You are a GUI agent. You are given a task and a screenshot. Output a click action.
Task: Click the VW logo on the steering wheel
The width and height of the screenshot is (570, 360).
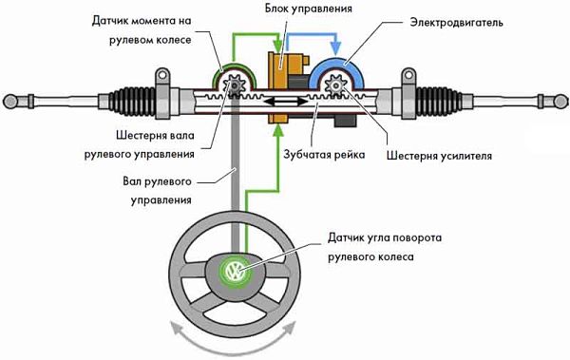click(x=234, y=272)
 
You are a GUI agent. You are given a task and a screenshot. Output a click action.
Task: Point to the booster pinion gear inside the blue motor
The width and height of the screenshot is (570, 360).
click(x=336, y=90)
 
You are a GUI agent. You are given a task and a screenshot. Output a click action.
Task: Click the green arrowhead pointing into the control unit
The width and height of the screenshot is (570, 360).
click(x=278, y=47)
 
